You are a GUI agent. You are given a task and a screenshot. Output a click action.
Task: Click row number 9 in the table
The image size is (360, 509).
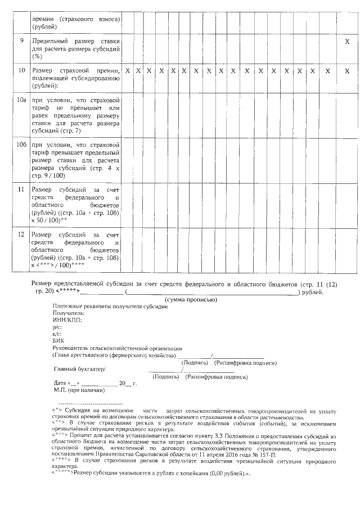click(x=21, y=41)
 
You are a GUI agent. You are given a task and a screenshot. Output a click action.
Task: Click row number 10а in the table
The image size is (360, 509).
click(x=21, y=101)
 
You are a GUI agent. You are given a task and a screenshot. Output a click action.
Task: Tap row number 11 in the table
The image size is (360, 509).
click(x=21, y=190)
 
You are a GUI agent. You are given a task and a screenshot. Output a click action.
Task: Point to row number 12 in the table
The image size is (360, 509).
click(x=21, y=234)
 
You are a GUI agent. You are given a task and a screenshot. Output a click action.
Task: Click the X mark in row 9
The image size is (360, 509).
click(x=347, y=42)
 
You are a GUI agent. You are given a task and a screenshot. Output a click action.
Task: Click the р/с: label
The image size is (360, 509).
click(x=57, y=326)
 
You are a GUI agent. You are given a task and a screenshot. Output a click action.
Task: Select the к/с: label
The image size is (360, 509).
click(x=57, y=334)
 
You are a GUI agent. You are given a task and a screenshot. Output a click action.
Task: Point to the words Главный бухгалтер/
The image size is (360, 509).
click(x=79, y=369)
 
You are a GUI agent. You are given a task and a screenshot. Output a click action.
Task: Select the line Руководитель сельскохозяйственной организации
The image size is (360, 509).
click(x=118, y=348)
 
